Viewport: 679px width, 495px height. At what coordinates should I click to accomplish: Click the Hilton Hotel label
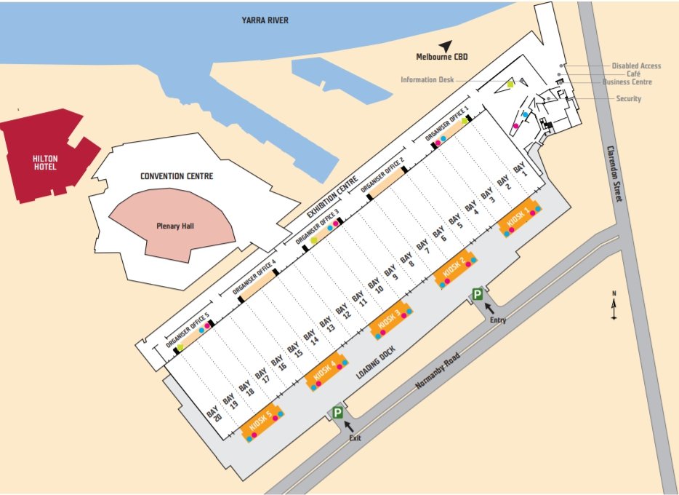pos(44,162)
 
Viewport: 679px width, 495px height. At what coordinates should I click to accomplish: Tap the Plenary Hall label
pos(172,226)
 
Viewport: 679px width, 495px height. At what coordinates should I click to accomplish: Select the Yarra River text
pos(265,20)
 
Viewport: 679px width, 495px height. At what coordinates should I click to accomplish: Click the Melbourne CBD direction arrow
pos(445,45)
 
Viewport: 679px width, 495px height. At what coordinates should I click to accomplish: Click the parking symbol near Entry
pos(477,294)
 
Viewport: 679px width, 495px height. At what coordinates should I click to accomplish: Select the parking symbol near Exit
pos(337,413)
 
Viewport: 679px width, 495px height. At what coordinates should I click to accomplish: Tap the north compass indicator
pos(614,305)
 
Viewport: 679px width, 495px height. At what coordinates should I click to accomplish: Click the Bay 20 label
pos(213,414)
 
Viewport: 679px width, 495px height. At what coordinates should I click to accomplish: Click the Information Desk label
pos(427,80)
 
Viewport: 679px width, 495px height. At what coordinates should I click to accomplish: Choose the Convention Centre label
pos(171,176)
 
